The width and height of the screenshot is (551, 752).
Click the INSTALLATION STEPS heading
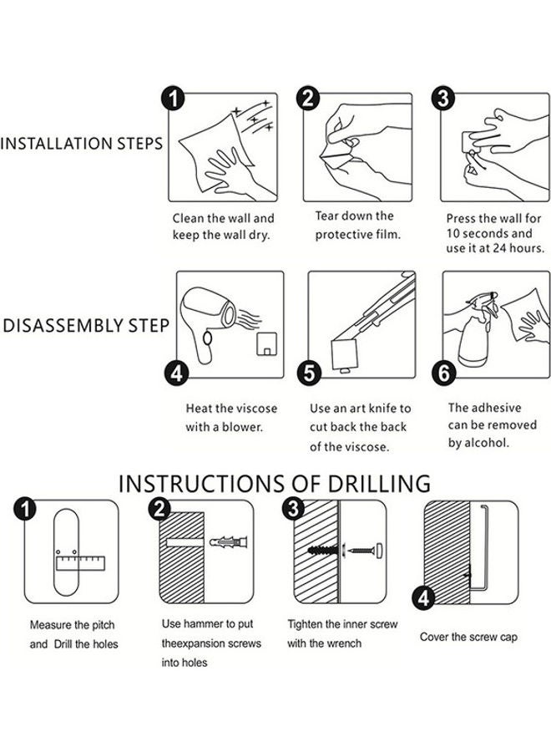82,144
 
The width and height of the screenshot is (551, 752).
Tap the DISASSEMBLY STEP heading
86,326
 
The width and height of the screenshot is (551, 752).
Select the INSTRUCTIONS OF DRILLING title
275,484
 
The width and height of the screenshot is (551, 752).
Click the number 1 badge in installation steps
173,99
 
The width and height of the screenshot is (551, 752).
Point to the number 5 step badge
309,373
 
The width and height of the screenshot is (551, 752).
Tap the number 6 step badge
443,373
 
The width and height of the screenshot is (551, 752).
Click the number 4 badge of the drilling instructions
423,598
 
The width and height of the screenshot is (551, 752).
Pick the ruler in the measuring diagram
80,563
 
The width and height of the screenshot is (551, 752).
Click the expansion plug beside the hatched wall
229,542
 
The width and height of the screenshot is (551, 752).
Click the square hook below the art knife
345,355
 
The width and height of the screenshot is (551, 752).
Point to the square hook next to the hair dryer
268,343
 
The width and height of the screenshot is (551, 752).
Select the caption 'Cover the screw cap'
468,637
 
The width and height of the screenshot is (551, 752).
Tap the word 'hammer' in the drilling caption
204,623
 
